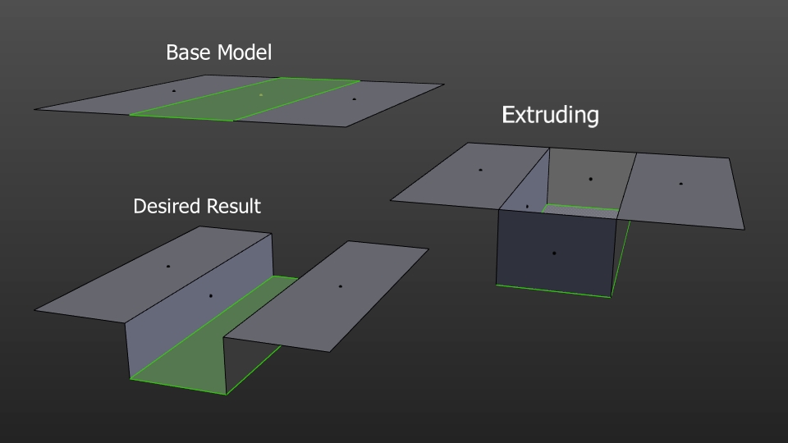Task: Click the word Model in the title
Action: [245, 53]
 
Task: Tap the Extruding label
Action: [550, 115]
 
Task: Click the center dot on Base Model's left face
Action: [173, 90]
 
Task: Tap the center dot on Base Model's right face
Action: [354, 99]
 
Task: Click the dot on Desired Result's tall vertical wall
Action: [211, 295]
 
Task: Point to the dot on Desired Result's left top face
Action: [167, 266]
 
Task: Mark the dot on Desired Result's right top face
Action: [340, 286]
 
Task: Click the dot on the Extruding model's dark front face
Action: [553, 253]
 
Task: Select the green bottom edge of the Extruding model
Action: [553, 290]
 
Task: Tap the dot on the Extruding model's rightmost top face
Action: [680, 184]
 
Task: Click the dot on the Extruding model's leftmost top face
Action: [480, 170]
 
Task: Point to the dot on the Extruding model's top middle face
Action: [590, 178]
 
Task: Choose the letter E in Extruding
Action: [508, 115]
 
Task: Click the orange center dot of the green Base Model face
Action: [261, 95]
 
